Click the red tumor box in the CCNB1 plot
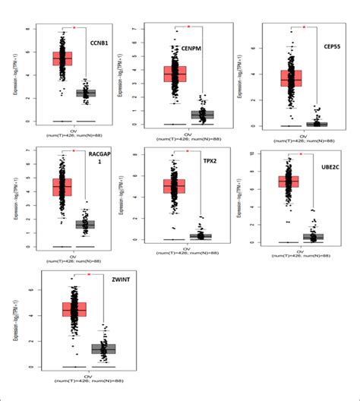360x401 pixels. pos(62,58)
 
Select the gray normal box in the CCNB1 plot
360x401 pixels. pos(85,93)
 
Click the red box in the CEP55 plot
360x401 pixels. pos(291,78)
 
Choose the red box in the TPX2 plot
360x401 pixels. pos(175,186)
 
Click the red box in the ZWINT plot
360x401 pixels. pos(74,309)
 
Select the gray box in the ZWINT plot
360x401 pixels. pos(103,348)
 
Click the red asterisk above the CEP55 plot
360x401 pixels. pos(304,27)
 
